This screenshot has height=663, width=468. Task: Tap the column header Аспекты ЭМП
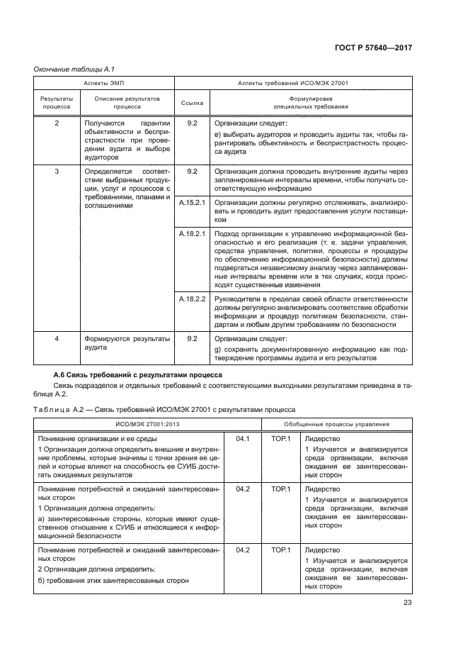point(103,83)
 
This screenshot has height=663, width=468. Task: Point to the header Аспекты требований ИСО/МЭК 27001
point(292,83)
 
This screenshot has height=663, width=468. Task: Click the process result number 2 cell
point(57,123)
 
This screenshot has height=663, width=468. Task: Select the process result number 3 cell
point(57,172)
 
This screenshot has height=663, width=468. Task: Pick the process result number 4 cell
point(57,339)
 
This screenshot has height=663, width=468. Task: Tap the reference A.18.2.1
point(191,233)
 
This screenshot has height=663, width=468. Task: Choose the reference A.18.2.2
point(191,299)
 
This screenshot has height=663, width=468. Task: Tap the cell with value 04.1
point(243,439)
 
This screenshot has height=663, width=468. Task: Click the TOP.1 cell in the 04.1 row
point(280,439)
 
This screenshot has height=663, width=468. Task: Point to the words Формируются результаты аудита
point(127,343)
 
